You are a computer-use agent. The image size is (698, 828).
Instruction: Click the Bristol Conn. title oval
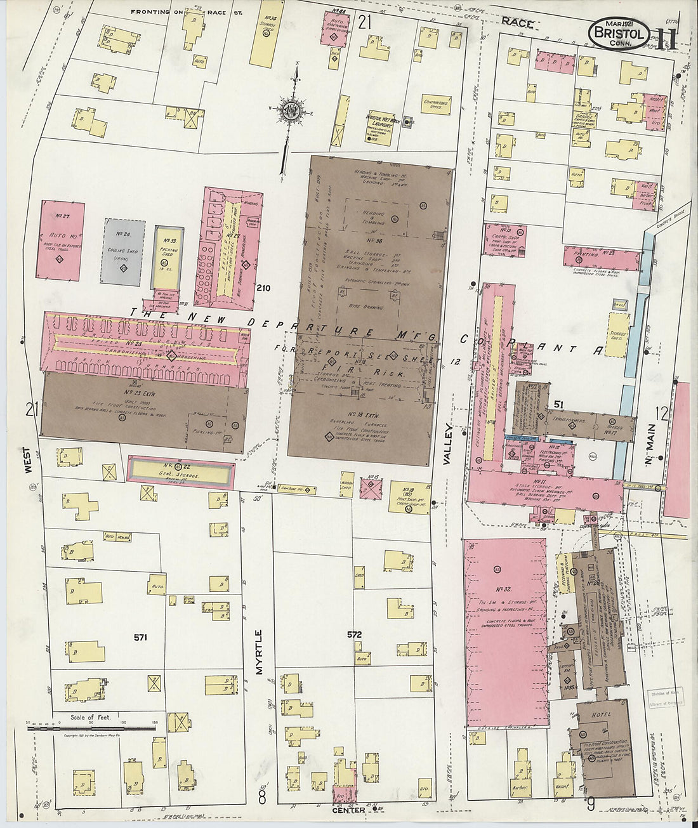619,34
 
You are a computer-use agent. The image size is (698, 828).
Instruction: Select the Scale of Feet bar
91,728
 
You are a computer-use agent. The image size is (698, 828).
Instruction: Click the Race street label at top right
517,22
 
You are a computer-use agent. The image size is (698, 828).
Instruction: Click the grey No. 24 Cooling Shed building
122,252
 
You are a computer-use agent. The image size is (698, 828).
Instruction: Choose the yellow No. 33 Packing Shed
169,257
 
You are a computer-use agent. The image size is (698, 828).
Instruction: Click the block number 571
140,637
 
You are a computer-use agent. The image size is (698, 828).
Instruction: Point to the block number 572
354,634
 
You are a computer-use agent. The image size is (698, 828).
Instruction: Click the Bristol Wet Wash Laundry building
380,126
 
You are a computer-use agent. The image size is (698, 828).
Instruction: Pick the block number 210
263,288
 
